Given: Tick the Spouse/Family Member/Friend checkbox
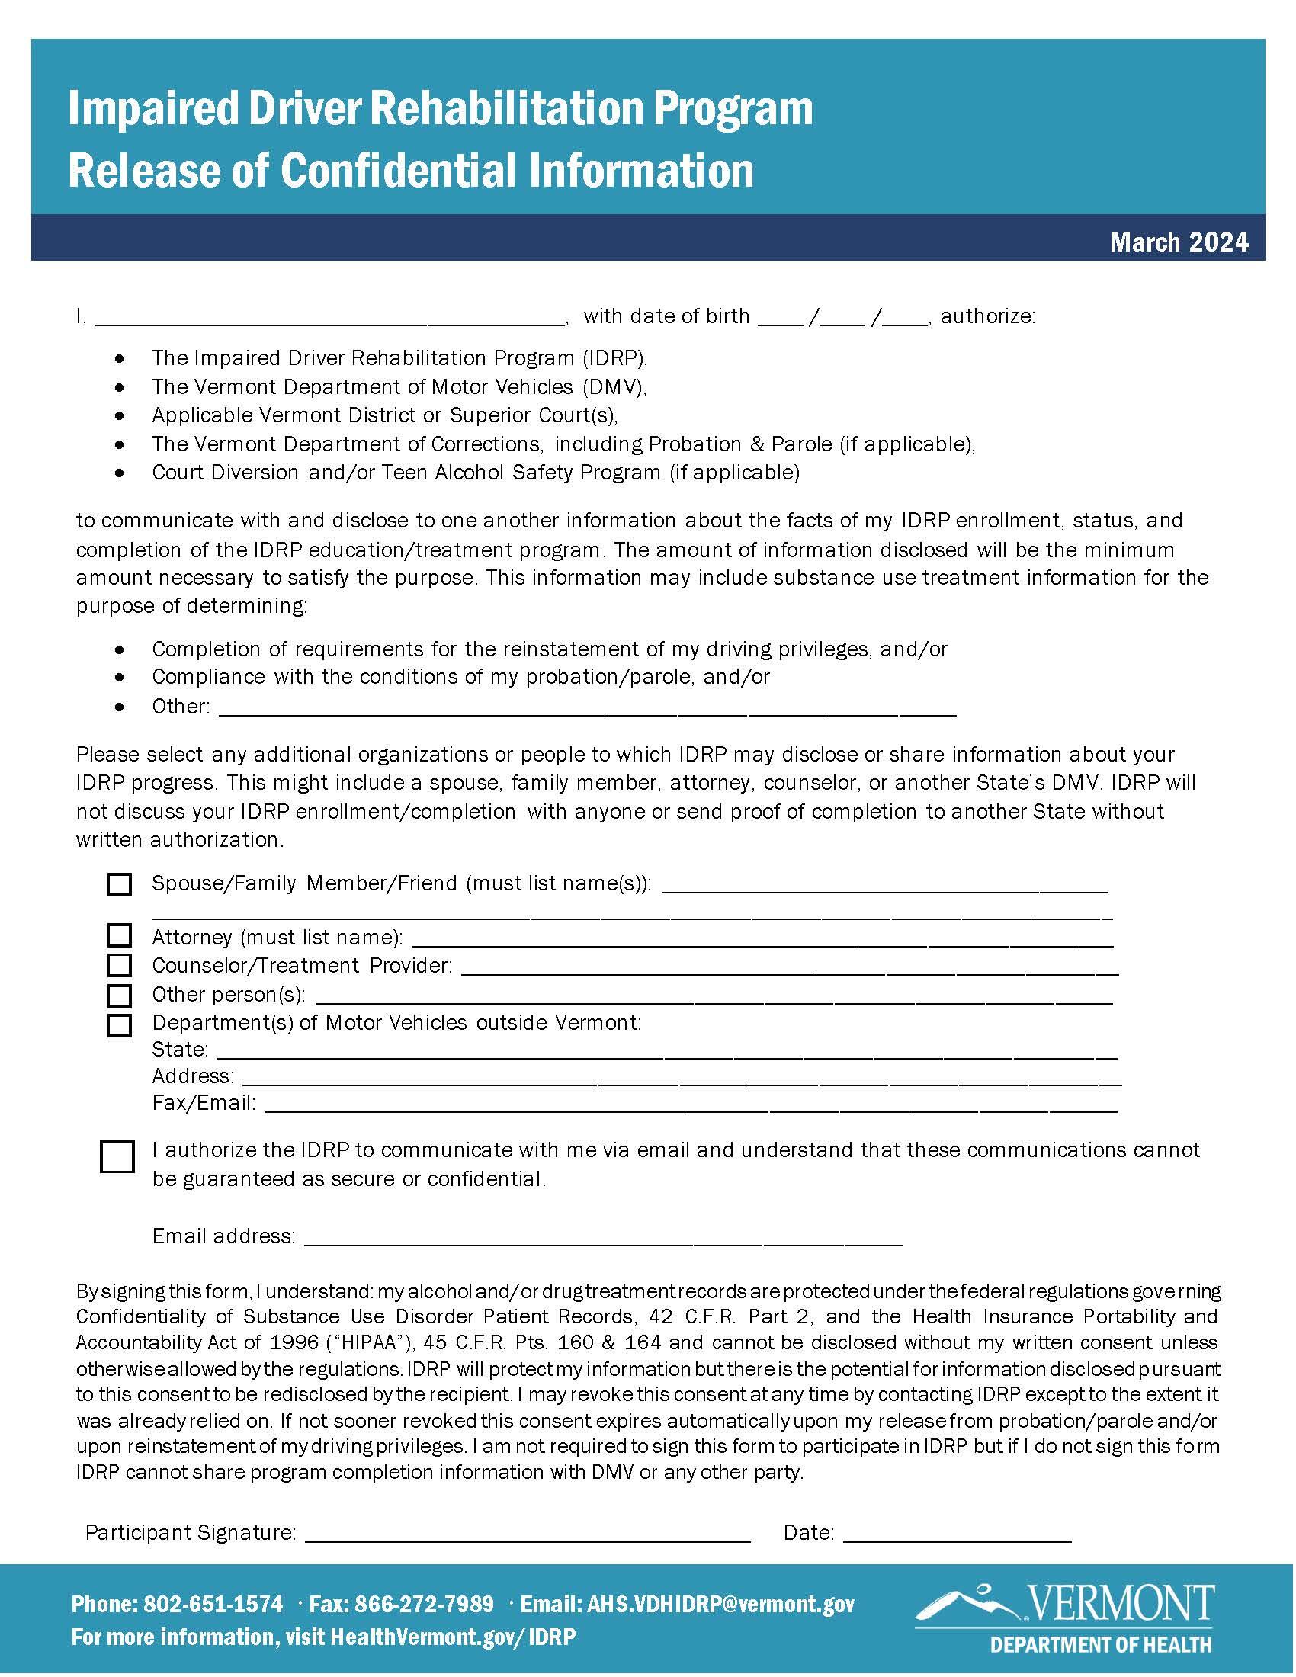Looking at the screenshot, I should (x=119, y=884).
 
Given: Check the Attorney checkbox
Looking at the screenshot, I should (x=119, y=935).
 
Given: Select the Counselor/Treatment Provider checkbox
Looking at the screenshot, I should (x=119, y=964).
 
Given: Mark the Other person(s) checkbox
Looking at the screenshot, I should (x=119, y=996).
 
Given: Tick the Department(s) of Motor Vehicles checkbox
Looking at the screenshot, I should (x=119, y=1025).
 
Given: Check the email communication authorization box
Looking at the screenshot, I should (x=117, y=1156).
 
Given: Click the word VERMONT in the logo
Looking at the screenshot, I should (x=1120, y=1602).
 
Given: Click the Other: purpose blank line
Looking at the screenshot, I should (x=587, y=710).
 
